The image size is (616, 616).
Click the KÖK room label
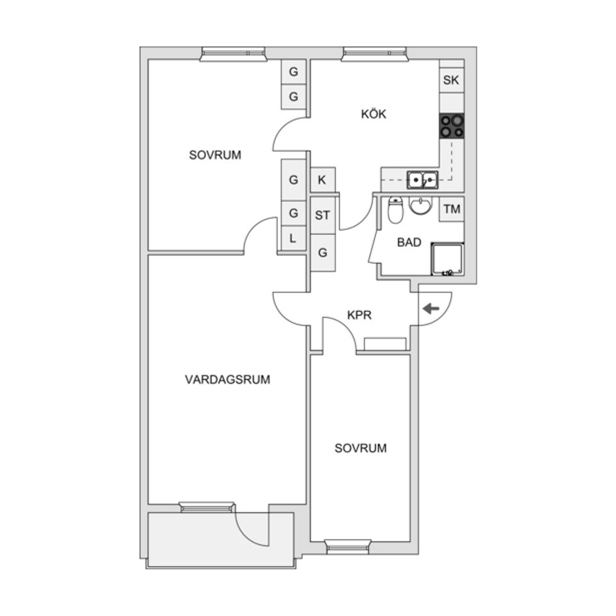[x=373, y=114]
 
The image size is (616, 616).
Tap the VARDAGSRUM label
[x=228, y=379]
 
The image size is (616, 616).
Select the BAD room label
[x=409, y=243]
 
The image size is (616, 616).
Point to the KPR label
[x=359, y=315]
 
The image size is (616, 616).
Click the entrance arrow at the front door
[x=431, y=309]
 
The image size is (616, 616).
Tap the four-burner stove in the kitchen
[x=452, y=126]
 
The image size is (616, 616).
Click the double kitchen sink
[x=422, y=179]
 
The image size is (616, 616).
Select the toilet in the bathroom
[x=395, y=210]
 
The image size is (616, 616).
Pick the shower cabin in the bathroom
[x=447, y=259]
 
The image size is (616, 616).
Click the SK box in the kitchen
[x=451, y=80]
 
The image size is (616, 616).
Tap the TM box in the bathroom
[x=452, y=209]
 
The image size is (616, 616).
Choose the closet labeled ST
[x=322, y=216]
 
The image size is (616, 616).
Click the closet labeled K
[x=322, y=180]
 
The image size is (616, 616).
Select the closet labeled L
[x=293, y=238]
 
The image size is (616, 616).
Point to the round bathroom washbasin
[x=420, y=205]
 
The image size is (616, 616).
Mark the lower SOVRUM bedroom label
[x=361, y=449]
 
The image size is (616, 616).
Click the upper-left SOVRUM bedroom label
[x=215, y=155]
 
